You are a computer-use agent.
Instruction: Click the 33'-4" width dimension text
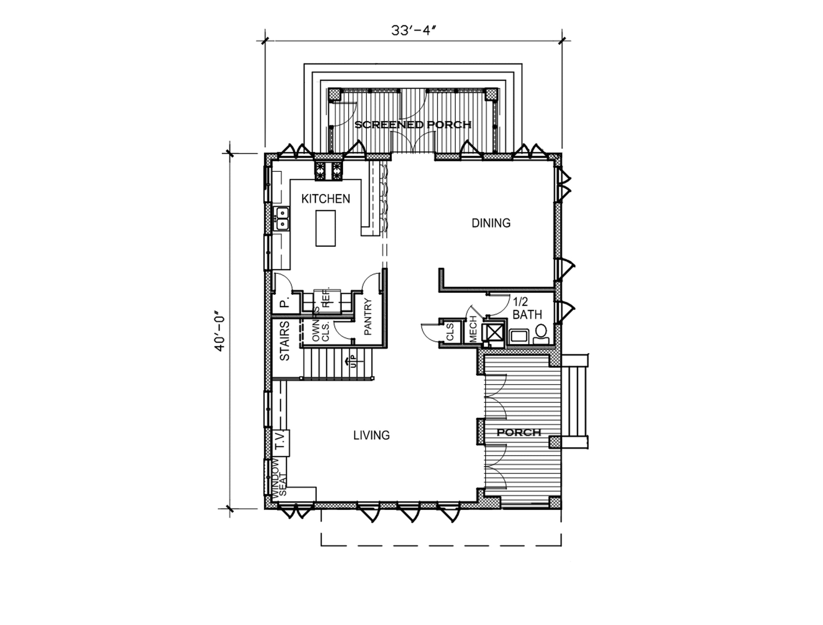click(414, 31)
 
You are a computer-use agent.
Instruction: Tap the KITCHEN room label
click(326, 199)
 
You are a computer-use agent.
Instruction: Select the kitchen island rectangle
click(326, 228)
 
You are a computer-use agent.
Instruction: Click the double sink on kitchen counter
click(282, 218)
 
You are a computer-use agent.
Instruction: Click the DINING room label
click(491, 223)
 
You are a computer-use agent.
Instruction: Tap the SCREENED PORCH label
click(413, 125)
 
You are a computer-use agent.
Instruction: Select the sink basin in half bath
click(520, 336)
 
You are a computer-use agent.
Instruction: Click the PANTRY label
click(368, 317)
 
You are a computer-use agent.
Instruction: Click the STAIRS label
click(285, 341)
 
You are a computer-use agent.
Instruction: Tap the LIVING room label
click(371, 435)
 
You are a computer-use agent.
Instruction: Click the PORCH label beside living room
click(519, 433)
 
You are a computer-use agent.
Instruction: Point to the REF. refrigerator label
click(327, 297)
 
